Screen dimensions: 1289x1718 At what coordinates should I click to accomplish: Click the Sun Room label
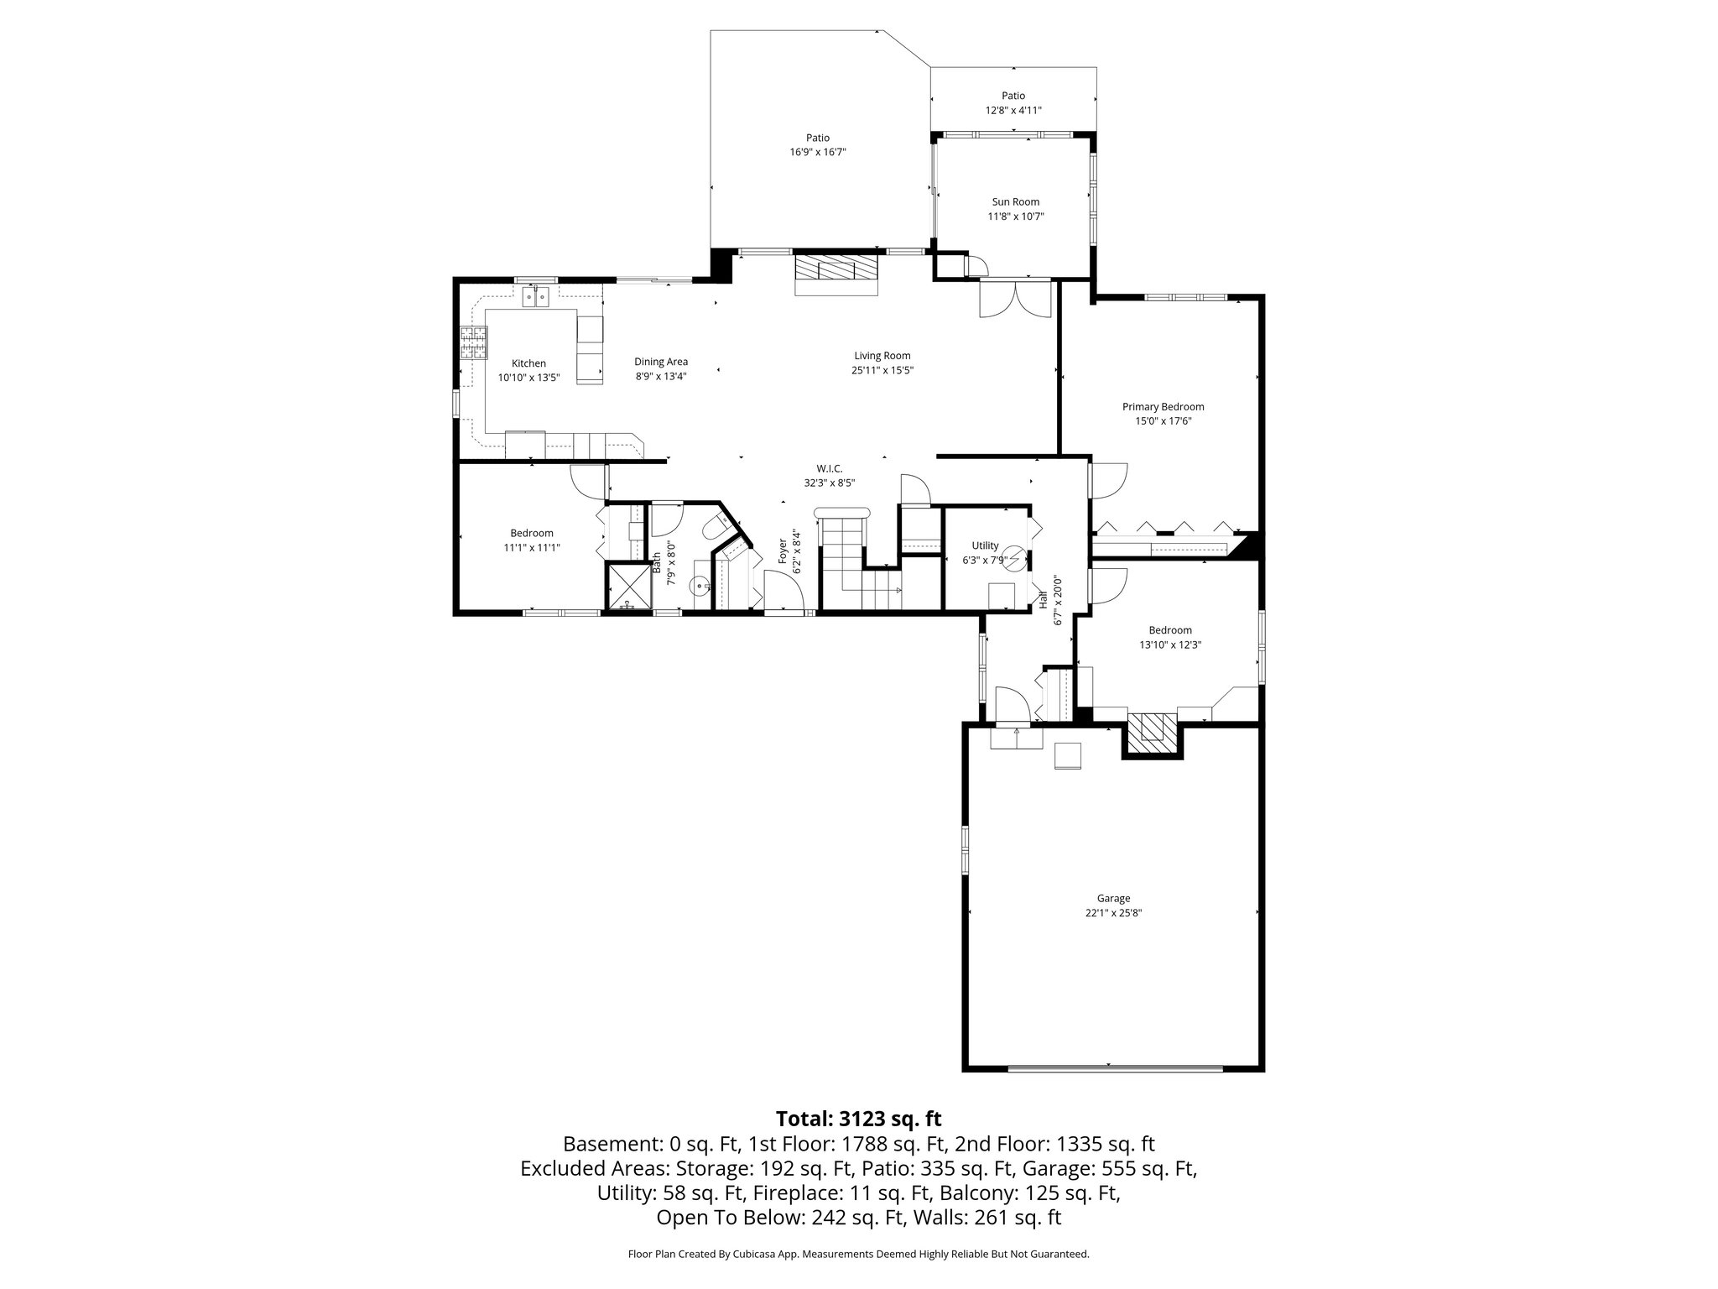(1015, 201)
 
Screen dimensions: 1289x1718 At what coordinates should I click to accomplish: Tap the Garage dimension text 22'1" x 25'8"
(1113, 913)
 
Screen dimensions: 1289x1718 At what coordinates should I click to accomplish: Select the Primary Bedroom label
(1163, 407)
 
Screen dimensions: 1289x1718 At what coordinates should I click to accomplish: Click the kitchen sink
(534, 295)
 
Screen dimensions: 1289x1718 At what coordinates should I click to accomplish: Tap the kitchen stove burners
(472, 342)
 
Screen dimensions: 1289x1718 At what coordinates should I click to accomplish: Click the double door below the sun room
(1015, 300)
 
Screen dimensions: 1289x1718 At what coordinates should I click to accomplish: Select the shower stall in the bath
(628, 586)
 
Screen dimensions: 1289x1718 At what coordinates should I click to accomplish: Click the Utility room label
(986, 545)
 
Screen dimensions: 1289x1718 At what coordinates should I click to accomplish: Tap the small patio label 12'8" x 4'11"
(1013, 110)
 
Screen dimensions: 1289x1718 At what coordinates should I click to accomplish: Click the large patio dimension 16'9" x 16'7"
(818, 152)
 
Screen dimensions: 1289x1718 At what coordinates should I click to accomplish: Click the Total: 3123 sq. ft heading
(858, 1119)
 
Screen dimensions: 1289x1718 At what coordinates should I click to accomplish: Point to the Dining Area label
(661, 362)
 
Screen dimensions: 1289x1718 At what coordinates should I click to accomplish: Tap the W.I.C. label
(829, 468)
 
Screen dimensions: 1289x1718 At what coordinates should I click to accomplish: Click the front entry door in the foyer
(784, 592)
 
